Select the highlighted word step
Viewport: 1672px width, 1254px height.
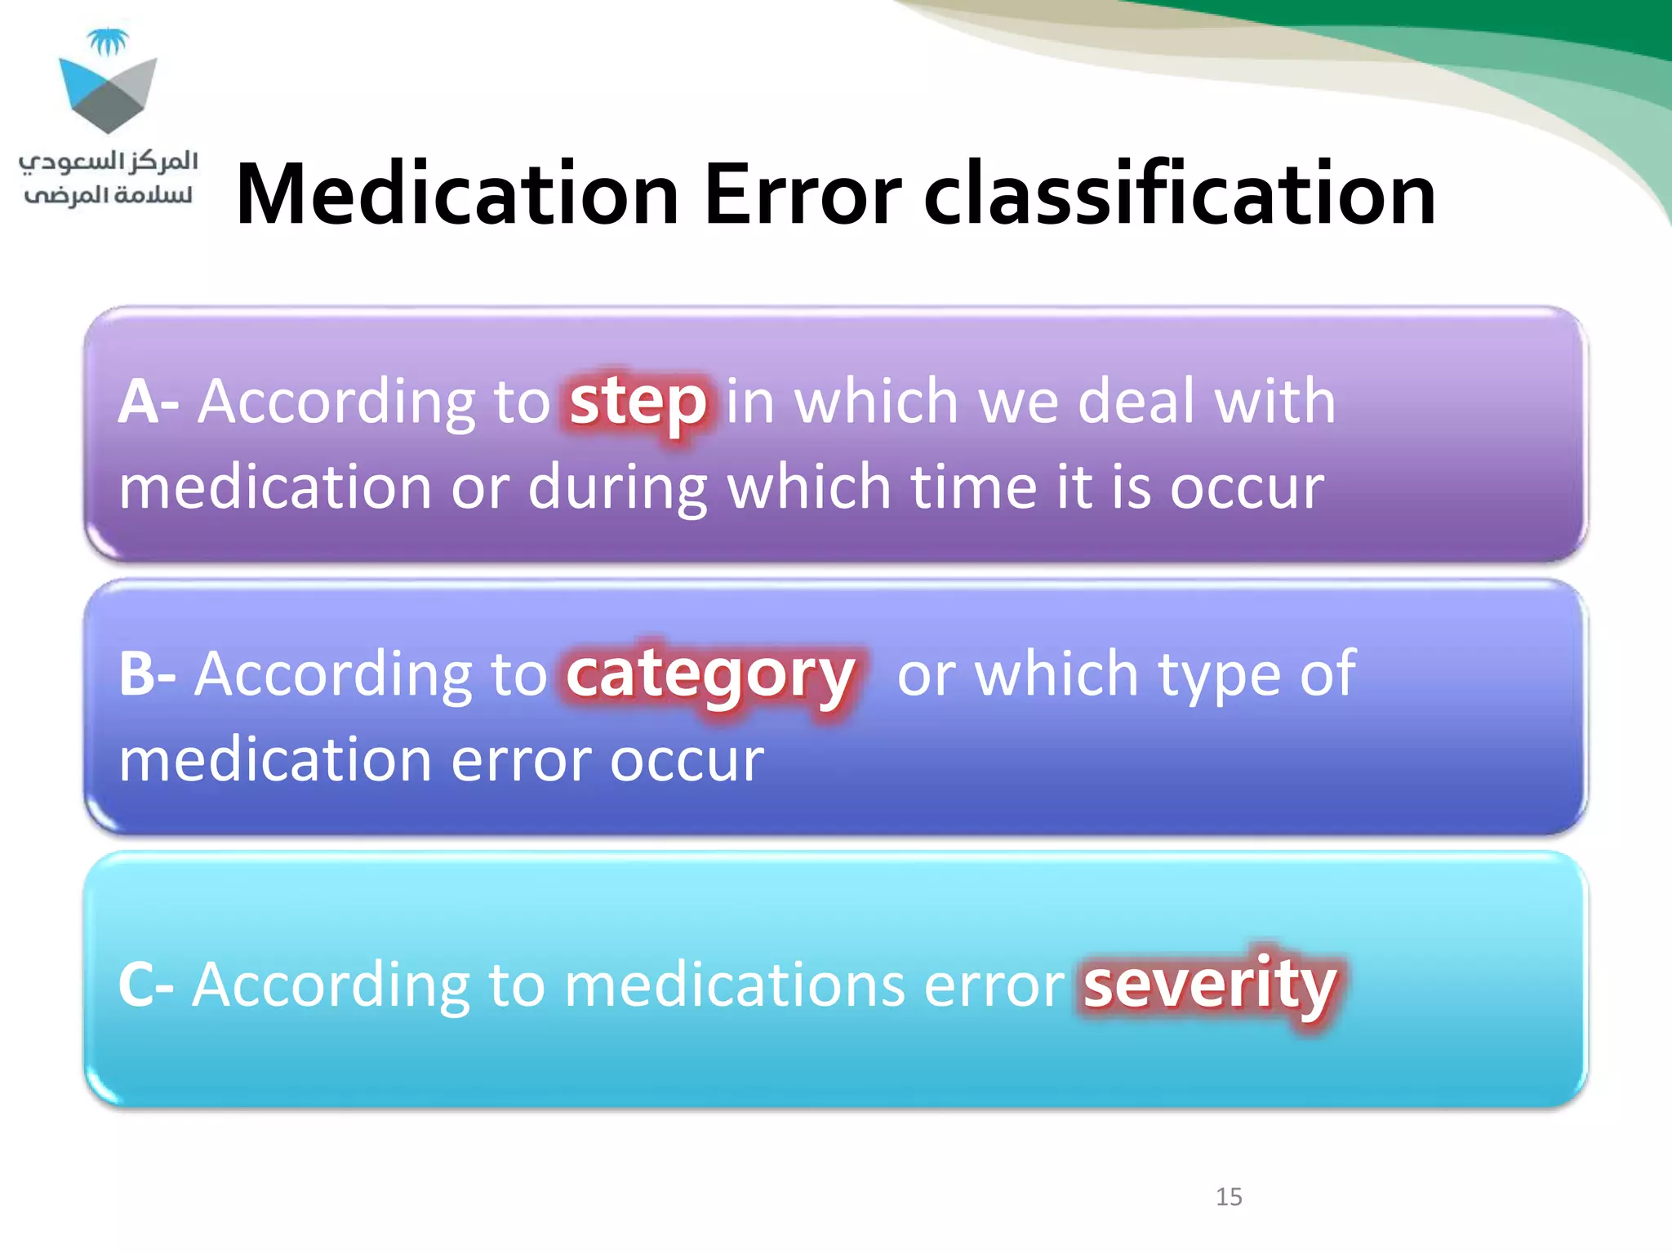(x=638, y=402)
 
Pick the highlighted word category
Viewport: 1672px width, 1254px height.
(x=710, y=676)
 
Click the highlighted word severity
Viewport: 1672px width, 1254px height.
(x=1209, y=985)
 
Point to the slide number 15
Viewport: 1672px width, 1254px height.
(x=1229, y=1197)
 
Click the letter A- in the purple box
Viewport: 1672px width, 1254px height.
(x=148, y=402)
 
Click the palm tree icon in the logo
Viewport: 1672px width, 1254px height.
(x=108, y=41)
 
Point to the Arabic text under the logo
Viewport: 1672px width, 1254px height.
(x=108, y=178)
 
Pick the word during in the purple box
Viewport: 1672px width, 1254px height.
(x=617, y=489)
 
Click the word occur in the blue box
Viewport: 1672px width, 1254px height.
(x=687, y=761)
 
